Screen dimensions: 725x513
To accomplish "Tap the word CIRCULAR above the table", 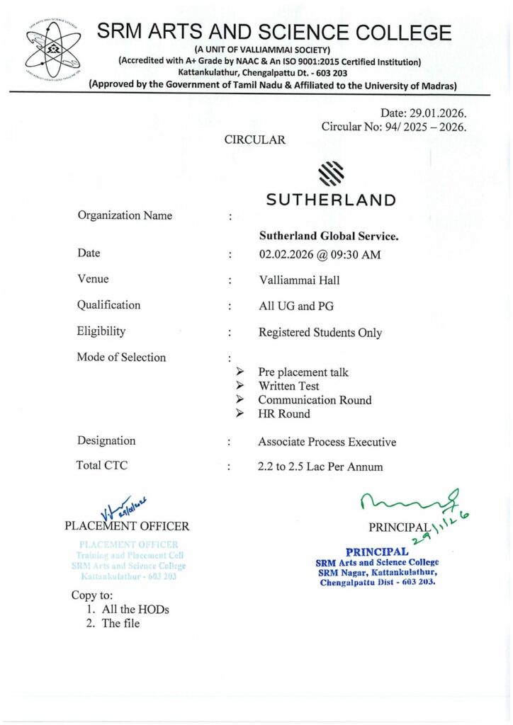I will point(255,140).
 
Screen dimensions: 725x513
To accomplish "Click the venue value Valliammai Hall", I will point(299,280).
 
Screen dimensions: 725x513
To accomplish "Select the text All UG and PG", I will point(295,306).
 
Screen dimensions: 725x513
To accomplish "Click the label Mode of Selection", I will point(121,357).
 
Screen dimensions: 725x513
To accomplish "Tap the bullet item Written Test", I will point(288,386).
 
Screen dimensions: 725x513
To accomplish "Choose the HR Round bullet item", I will point(284,413).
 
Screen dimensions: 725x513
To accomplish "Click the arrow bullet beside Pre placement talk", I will point(240,372).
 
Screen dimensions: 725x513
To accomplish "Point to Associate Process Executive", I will point(327,442).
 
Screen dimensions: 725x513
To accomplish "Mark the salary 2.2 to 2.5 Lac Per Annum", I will point(320,467).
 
